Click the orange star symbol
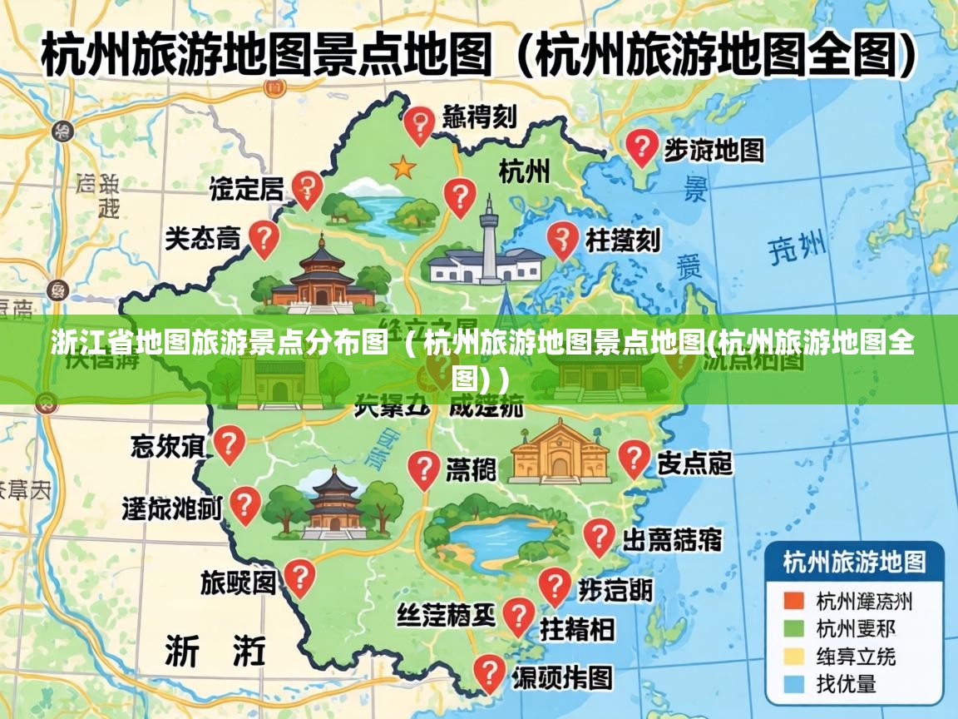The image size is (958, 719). point(403,167)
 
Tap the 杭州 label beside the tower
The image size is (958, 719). point(524,171)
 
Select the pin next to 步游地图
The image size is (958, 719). point(641,147)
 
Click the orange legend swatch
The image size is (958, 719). point(794,601)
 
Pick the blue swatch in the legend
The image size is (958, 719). point(794,684)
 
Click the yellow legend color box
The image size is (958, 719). point(794,657)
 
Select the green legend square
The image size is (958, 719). point(794,628)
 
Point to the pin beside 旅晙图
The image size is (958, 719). point(299,576)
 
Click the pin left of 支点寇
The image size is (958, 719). point(635,458)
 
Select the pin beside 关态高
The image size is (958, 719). point(264,238)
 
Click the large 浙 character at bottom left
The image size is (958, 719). point(182,649)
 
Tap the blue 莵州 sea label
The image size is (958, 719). point(797,246)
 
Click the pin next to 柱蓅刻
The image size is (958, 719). point(562,239)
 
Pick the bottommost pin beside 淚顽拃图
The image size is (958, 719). point(489,672)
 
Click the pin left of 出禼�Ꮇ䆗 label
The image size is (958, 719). point(598,537)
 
